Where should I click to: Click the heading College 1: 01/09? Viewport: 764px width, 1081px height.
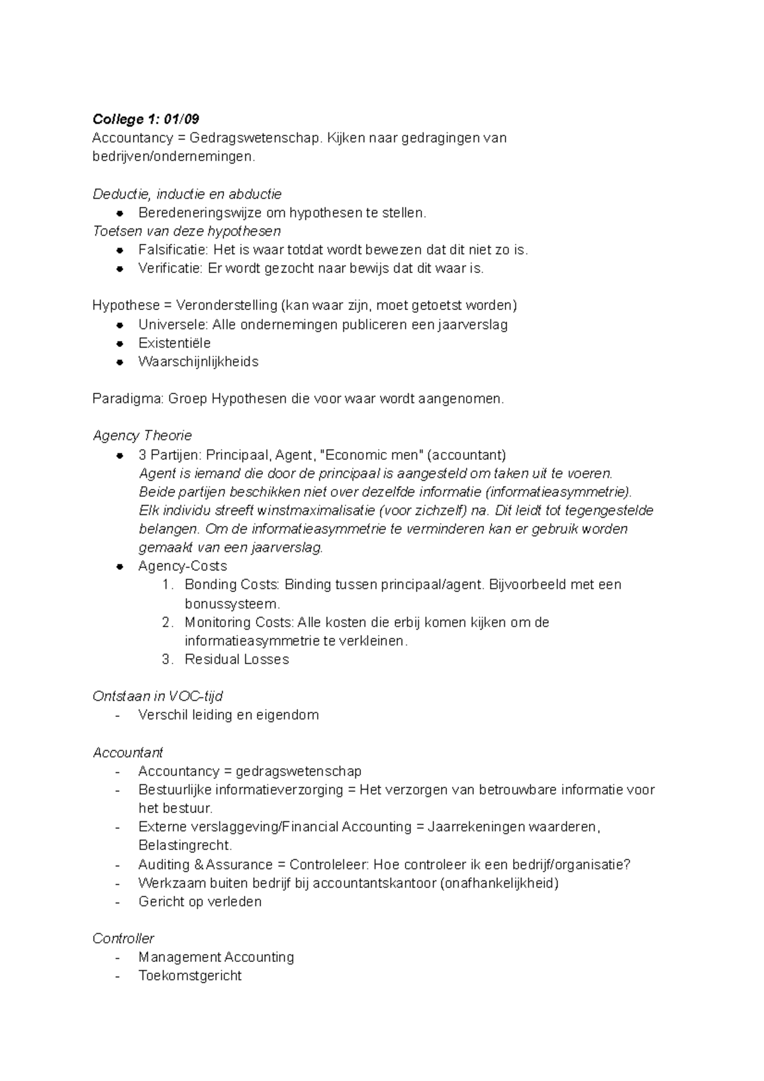point(146,119)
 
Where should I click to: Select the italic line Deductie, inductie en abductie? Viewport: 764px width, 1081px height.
point(187,194)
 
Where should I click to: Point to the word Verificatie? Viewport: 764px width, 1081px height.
point(170,268)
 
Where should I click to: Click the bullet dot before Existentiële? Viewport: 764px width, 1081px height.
point(119,343)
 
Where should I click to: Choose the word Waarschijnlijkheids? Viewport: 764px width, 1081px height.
point(198,362)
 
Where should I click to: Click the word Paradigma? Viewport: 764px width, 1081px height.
point(128,399)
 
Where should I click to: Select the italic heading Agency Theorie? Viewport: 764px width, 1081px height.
point(142,435)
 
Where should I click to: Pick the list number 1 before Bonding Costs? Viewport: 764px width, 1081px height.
point(167,584)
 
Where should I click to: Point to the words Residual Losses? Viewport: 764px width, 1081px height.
point(237,659)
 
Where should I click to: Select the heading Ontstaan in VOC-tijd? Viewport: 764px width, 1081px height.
point(157,696)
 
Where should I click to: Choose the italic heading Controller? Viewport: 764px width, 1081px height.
point(124,938)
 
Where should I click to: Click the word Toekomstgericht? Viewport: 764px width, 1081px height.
point(190,975)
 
